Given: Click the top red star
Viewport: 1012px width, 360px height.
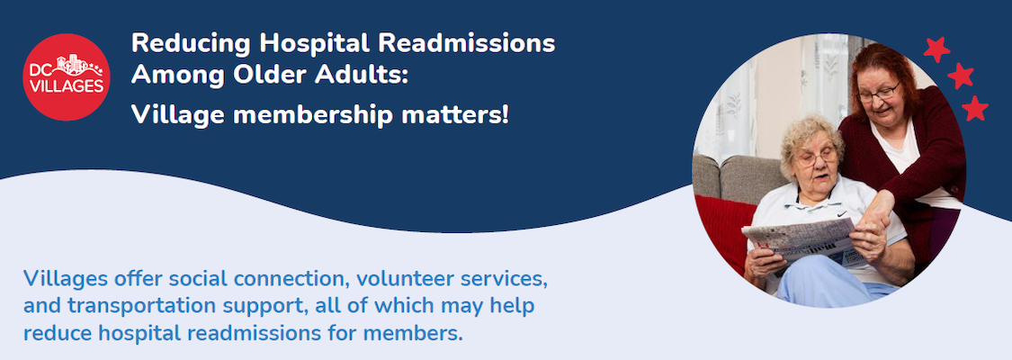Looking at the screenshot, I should (936, 49).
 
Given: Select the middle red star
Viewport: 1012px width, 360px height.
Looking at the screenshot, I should (960, 76).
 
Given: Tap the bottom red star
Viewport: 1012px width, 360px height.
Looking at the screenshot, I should (975, 109).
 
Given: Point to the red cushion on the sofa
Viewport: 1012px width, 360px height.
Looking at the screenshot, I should (724, 229).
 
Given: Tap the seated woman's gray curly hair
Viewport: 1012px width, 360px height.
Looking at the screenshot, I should (810, 135).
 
